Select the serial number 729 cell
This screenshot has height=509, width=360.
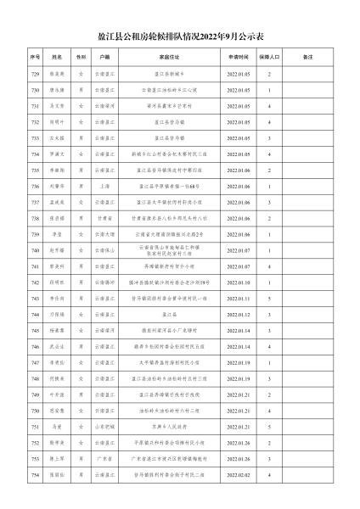tap(36, 75)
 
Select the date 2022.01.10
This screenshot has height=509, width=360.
tap(238, 282)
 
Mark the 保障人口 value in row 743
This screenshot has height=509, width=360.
tap(269, 298)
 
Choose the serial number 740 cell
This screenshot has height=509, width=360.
tap(36, 250)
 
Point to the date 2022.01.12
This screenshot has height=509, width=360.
tap(238, 314)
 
